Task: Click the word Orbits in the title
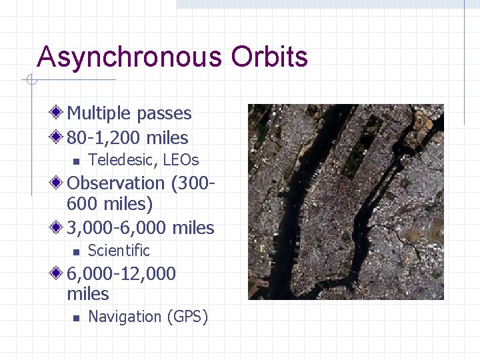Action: pyautogui.click(x=269, y=57)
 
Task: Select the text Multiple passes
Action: pyautogui.click(x=129, y=114)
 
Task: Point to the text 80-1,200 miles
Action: pyautogui.click(x=127, y=138)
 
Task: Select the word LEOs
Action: pyautogui.click(x=181, y=160)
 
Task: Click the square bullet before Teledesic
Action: pyautogui.click(x=76, y=161)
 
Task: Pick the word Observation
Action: pyautogui.click(x=116, y=183)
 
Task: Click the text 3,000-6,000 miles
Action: pyautogui.click(x=141, y=228)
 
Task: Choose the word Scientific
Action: pyautogui.click(x=119, y=251)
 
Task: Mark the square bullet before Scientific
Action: pyautogui.click(x=76, y=251)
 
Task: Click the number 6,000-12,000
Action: pyautogui.click(x=121, y=274)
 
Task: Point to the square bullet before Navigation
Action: pyautogui.click(x=76, y=317)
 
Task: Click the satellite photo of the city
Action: pyautogui.click(x=345, y=201)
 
